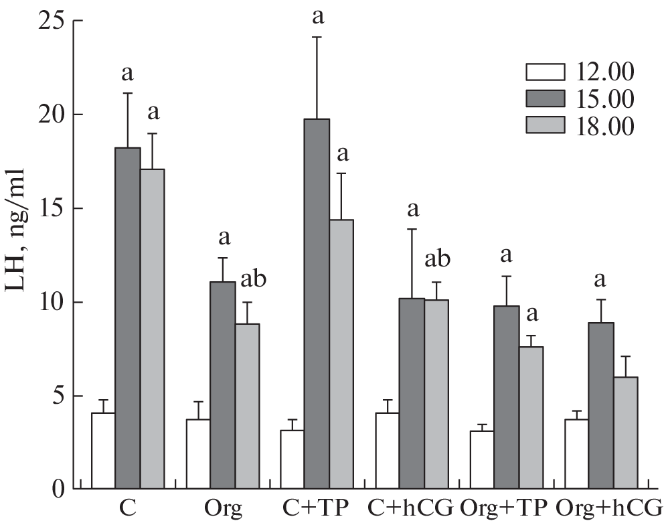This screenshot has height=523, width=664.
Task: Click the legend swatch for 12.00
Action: tap(544, 72)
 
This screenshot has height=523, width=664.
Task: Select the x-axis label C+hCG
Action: tap(412, 506)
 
